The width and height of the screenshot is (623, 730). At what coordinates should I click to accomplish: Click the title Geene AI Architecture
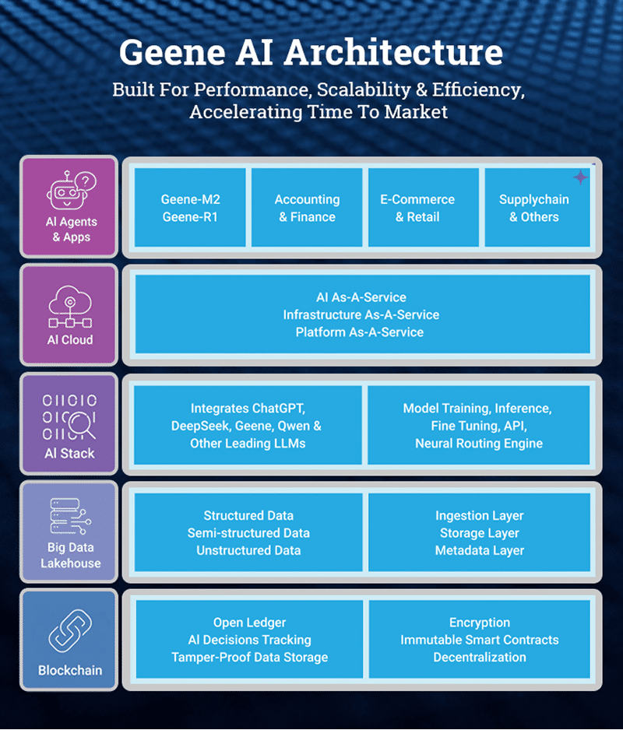pyautogui.click(x=311, y=52)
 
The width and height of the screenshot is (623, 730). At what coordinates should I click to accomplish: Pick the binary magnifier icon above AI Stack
pyautogui.click(x=70, y=416)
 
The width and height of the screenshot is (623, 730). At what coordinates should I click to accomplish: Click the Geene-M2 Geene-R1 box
pyautogui.click(x=191, y=208)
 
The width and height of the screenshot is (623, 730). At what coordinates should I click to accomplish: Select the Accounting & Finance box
pyautogui.click(x=307, y=208)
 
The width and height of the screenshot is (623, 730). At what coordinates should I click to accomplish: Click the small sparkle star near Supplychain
pyautogui.click(x=580, y=177)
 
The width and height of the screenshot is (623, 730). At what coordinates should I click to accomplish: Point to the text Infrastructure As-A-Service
pyautogui.click(x=361, y=315)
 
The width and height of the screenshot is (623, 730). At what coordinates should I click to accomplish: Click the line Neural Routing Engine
pyautogui.click(x=479, y=444)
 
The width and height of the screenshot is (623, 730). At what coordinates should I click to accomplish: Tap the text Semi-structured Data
pyautogui.click(x=248, y=533)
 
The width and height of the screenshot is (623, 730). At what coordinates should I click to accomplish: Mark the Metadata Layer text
pyautogui.click(x=479, y=551)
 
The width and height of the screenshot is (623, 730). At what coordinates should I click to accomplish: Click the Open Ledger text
pyautogui.click(x=249, y=623)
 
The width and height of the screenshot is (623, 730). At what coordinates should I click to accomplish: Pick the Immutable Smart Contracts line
pyautogui.click(x=479, y=640)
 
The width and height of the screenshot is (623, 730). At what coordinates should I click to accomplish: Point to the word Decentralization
pyautogui.click(x=479, y=658)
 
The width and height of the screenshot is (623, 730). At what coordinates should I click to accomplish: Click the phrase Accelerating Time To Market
pyautogui.click(x=319, y=112)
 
